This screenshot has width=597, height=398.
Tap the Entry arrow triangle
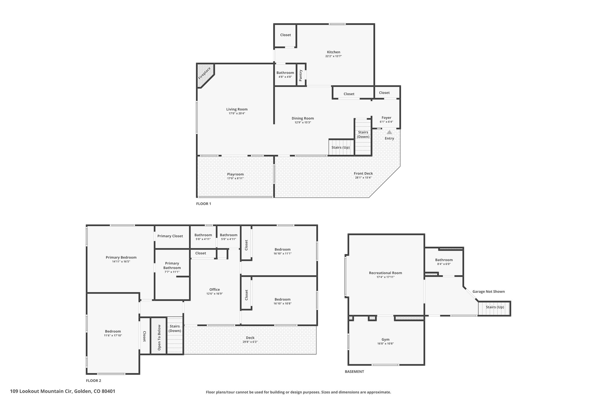click(389, 132)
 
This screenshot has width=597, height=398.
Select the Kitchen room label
click(333, 52)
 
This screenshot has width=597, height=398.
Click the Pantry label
click(301, 76)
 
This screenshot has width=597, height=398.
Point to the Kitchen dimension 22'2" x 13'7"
click(333, 56)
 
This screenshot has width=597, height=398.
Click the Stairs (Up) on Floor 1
click(340, 147)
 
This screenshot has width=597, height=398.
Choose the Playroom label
click(236, 174)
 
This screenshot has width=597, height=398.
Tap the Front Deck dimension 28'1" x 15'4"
click(363, 178)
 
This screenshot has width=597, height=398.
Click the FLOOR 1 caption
click(203, 204)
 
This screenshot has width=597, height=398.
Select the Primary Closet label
click(170, 236)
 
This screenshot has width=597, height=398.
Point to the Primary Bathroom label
click(172, 266)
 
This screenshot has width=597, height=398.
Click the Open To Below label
click(159, 337)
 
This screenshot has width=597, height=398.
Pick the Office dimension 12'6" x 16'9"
click(215, 294)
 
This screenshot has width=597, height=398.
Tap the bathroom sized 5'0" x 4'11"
click(229, 237)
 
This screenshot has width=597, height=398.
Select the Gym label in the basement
click(385, 340)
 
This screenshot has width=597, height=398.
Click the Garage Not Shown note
click(489, 292)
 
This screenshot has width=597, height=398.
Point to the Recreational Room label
click(385, 273)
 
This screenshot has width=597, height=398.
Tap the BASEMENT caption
click(354, 371)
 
